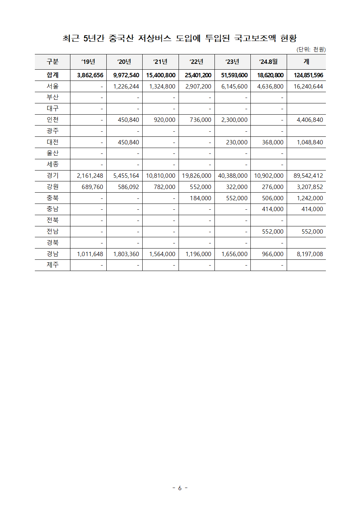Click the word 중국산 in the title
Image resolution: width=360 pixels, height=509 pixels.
pyautogui.click(x=121, y=38)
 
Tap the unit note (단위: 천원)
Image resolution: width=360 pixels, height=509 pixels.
pyautogui.click(x=311, y=49)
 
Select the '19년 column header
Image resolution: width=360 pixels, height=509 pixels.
pyautogui.click(x=88, y=62)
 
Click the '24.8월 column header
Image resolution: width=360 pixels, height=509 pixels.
pyautogui.click(x=269, y=62)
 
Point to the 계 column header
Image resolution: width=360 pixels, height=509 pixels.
pyautogui.click(x=306, y=62)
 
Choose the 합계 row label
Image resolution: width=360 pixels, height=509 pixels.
pyautogui.click(x=53, y=75)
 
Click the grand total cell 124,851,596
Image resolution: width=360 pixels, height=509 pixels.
pyautogui.click(x=308, y=75)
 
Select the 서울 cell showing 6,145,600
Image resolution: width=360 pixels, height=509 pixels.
pyautogui.click(x=234, y=86)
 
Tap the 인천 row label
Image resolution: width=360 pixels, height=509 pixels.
pyautogui.click(x=53, y=120)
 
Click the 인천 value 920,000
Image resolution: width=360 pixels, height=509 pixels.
pyautogui.click(x=164, y=120)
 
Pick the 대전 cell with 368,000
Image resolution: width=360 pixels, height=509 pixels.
pyautogui.click(x=273, y=142)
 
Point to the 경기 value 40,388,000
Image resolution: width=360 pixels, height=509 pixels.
pyautogui.click(x=233, y=176)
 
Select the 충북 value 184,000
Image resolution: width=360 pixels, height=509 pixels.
pyautogui.click(x=200, y=198)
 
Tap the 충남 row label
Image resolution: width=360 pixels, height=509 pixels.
pyautogui.click(x=53, y=209)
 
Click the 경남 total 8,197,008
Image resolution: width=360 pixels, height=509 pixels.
pyautogui.click(x=310, y=254)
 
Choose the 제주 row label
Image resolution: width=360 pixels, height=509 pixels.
pyautogui.click(x=53, y=265)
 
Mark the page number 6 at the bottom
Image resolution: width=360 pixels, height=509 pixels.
pyautogui.click(x=180, y=488)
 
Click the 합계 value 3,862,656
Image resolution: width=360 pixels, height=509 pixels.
pyautogui.click(x=90, y=75)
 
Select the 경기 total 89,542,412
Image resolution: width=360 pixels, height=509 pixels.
pyautogui.click(x=308, y=176)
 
